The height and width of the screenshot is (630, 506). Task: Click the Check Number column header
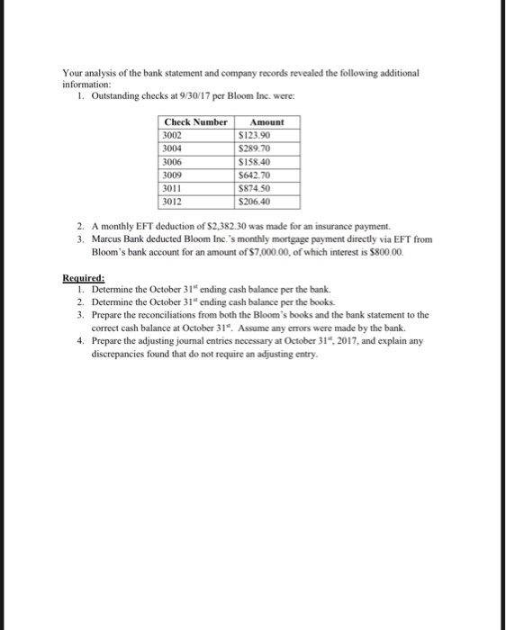pyautogui.click(x=194, y=121)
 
